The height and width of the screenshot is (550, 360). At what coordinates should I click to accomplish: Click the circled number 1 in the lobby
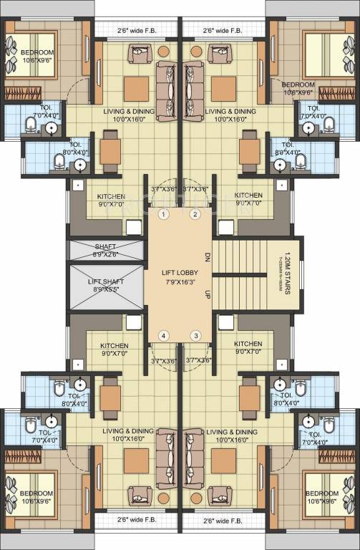pos(164,214)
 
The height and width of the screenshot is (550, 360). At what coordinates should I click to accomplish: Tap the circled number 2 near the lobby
pos(195,214)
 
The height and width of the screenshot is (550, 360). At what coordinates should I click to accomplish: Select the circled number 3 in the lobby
pos(195,335)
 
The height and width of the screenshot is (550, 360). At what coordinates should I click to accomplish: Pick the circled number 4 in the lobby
pos(164,335)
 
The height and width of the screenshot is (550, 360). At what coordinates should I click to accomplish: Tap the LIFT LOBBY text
pos(180,272)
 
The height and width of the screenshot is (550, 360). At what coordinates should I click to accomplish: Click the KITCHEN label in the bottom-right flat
pos(248,344)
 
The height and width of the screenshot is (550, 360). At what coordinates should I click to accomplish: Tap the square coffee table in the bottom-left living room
pos(135,460)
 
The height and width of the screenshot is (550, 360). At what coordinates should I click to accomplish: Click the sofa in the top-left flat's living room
pos(166,80)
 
